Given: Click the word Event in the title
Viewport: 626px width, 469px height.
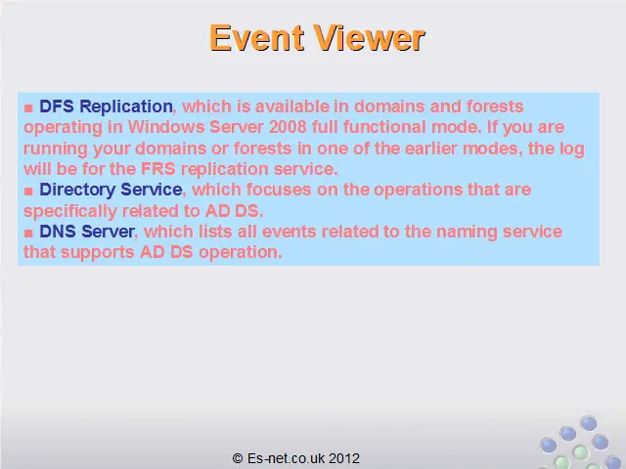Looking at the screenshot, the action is [256, 38].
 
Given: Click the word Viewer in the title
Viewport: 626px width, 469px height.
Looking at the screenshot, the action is [369, 38].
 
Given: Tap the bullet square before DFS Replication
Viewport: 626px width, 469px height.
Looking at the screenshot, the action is [28, 107].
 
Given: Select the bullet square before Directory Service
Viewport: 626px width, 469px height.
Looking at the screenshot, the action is [28, 192].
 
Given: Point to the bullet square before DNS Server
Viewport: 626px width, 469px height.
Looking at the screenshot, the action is [28, 233].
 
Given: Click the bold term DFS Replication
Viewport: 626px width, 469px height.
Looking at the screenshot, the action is [106, 107].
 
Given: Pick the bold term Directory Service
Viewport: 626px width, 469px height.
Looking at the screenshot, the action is [111, 190].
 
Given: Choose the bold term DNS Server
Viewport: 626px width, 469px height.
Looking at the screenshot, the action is [87, 232].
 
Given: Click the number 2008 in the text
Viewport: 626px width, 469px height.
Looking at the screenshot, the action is [288, 127].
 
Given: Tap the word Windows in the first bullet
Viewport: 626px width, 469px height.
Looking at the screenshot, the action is [166, 127].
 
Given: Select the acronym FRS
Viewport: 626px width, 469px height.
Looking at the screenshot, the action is [158, 169].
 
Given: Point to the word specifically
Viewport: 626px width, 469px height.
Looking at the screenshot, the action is [69, 211].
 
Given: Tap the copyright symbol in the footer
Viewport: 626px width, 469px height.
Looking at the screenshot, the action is [238, 458].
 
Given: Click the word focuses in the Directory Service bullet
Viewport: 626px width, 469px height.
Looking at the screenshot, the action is [278, 190].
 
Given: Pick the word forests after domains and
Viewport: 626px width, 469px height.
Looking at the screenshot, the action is [495, 107].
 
